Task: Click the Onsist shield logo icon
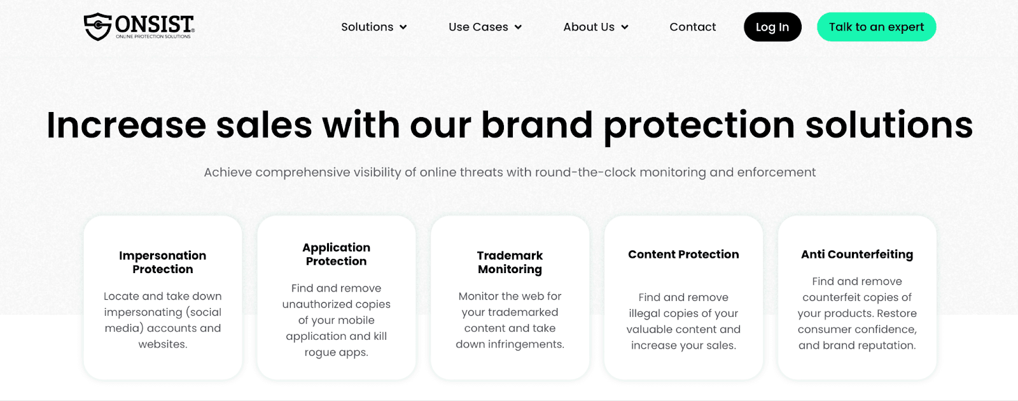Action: click(98, 26)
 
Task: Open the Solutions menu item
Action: click(367, 27)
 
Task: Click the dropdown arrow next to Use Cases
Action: click(518, 27)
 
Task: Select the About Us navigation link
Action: click(589, 27)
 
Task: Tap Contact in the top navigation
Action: click(693, 27)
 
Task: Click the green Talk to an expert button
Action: click(877, 27)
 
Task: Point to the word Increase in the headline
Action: click(127, 125)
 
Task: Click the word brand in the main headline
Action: click(537, 125)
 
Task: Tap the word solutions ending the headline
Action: click(889, 125)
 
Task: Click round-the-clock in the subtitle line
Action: click(586, 172)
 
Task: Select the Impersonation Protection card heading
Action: click(163, 262)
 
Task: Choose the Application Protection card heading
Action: click(337, 254)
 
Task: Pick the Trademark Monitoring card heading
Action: click(510, 262)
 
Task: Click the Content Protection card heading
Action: click(683, 254)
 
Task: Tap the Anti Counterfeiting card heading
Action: click(857, 254)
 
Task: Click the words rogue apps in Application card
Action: click(337, 353)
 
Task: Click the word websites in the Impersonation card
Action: click(163, 344)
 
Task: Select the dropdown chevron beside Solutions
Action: click(403, 27)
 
